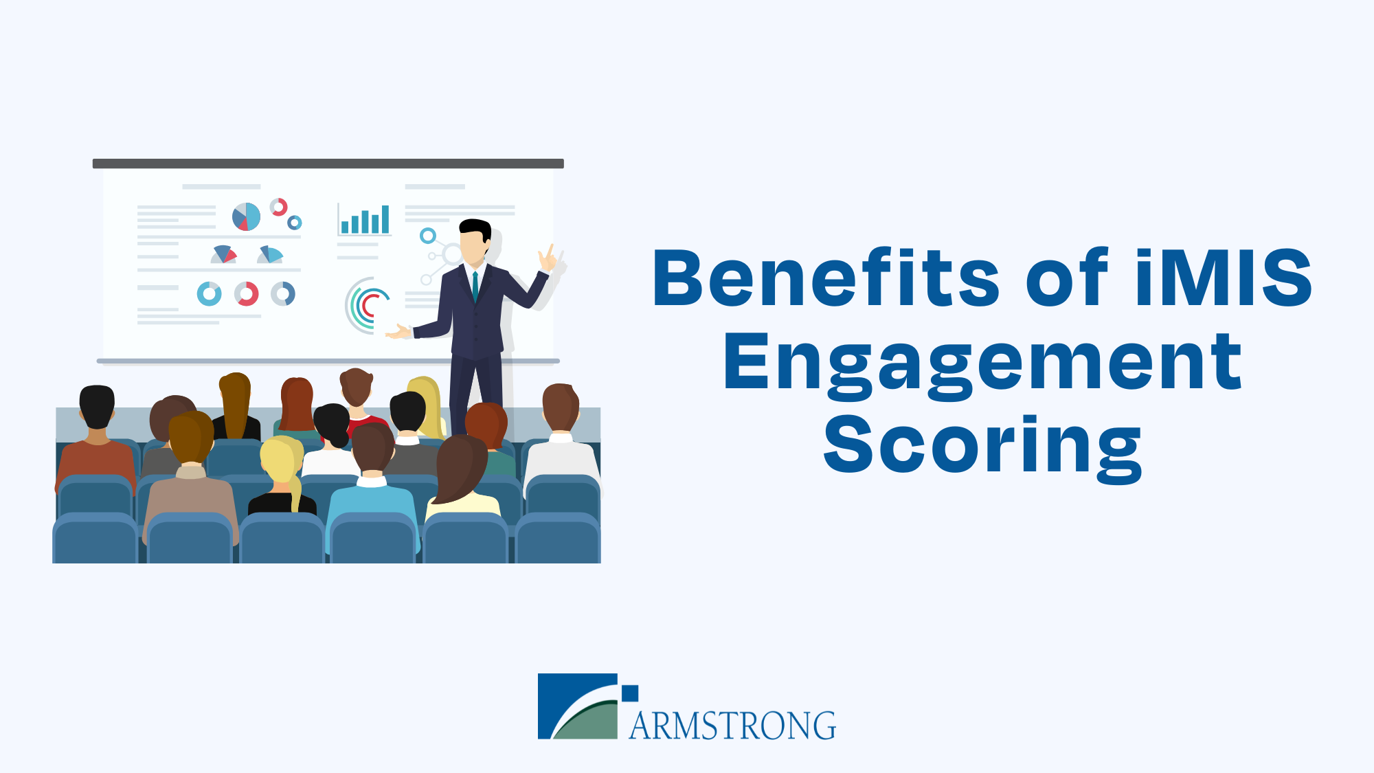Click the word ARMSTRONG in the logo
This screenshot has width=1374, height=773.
pyautogui.click(x=732, y=726)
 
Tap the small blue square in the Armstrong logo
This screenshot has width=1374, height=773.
pyautogui.click(x=630, y=693)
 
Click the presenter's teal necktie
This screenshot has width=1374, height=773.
pyautogui.click(x=475, y=287)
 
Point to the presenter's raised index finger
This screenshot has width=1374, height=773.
pyautogui.click(x=550, y=251)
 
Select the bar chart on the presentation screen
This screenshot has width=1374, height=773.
pyautogui.click(x=365, y=220)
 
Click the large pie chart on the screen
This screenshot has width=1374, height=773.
pyautogui.click(x=246, y=216)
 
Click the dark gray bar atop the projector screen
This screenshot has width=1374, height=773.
pyautogui.click(x=328, y=164)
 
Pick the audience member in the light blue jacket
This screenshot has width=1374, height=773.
pyautogui.click(x=373, y=488)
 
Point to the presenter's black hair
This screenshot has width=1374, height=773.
pyautogui.click(x=475, y=229)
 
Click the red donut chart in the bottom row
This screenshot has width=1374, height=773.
pyautogui.click(x=247, y=294)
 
